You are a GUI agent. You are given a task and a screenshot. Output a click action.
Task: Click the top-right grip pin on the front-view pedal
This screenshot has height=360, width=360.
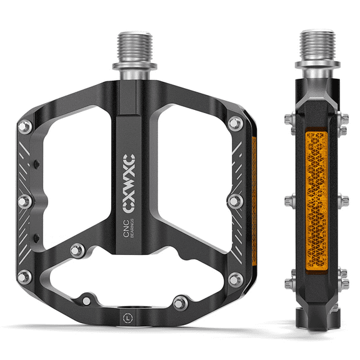pos(235,123)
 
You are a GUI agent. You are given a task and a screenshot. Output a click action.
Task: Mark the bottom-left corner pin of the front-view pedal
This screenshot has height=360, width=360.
pos(24,276)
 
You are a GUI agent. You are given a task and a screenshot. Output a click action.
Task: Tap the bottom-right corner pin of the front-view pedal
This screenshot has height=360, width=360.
pos(236,279)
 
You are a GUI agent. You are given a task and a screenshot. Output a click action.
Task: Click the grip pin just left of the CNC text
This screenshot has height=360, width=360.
pos(77,250)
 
